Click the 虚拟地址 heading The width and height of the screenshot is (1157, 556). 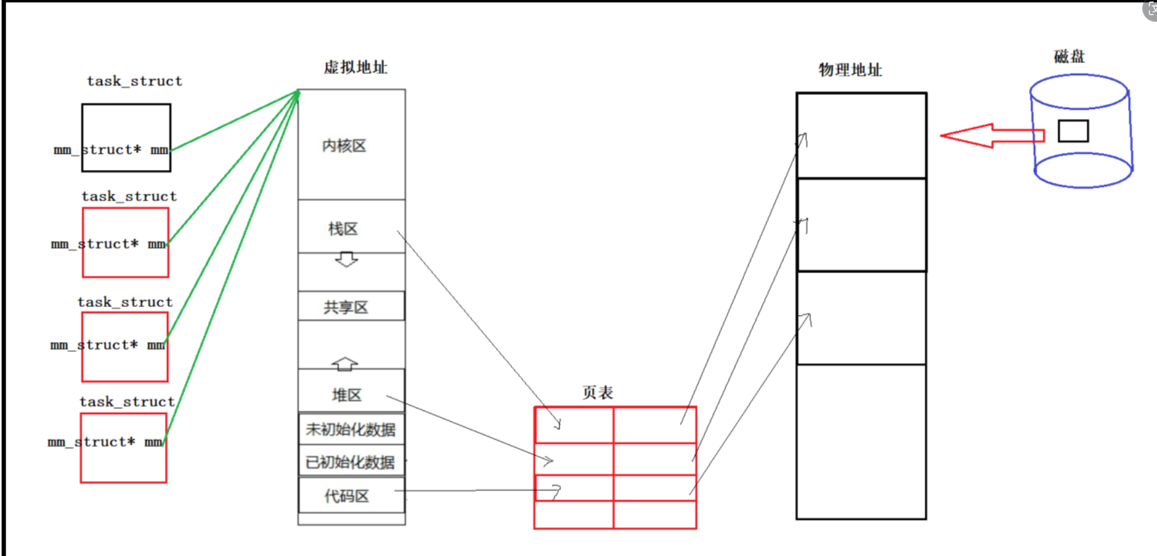tap(355, 67)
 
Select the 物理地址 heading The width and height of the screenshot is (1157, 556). tap(850, 70)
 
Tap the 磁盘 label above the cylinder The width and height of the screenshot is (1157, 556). tap(1069, 56)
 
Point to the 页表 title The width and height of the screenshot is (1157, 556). tap(597, 392)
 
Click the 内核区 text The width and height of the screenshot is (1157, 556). tap(344, 146)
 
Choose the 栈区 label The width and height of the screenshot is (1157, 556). tap(343, 229)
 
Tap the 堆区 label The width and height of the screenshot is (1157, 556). tap(347, 395)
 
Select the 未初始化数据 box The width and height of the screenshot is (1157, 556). tap(351, 429)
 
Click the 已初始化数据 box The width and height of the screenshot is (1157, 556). tap(351, 462)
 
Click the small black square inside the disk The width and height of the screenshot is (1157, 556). tap(1073, 131)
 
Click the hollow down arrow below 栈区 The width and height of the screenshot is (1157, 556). tap(347, 259)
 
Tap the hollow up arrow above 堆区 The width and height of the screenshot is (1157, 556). tap(345, 364)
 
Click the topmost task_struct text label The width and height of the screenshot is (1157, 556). tap(135, 81)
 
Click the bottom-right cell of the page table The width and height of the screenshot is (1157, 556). tap(655, 514)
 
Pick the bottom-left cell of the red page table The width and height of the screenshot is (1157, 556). tap(574, 514)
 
